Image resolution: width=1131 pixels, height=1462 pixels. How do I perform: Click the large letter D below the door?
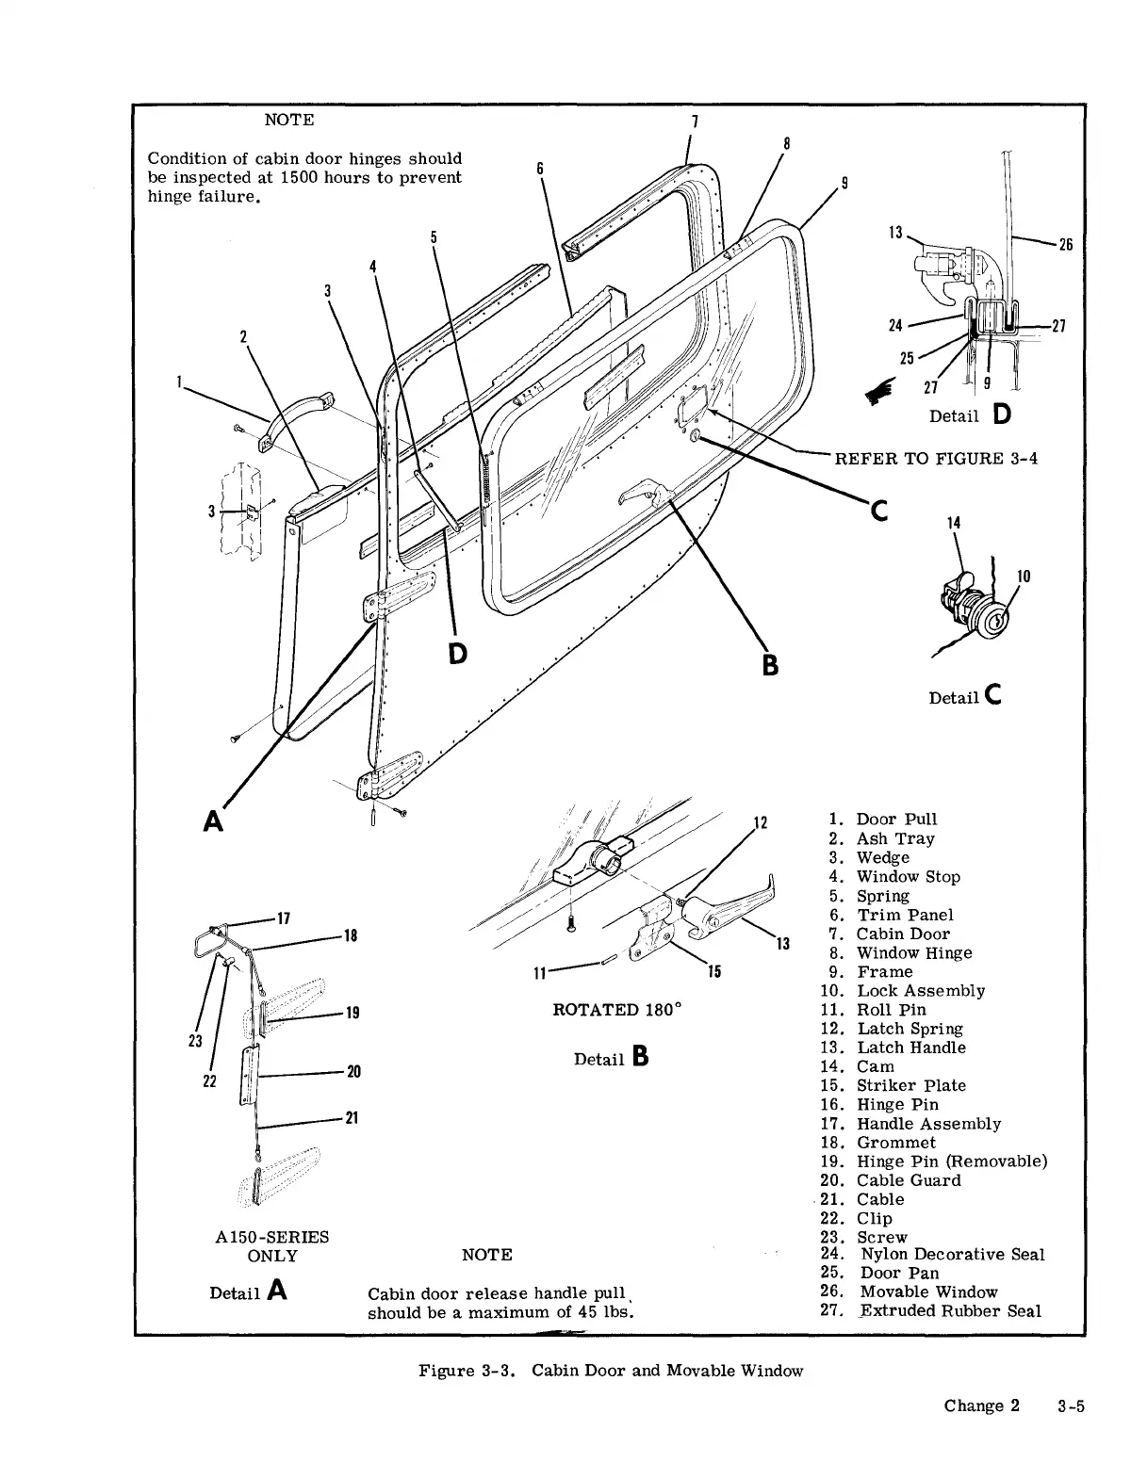click(458, 652)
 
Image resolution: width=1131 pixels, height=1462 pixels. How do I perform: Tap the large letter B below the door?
click(770, 665)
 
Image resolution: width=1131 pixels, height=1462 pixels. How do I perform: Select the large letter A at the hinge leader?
click(214, 821)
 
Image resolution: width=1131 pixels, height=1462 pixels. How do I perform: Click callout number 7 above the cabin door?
click(695, 122)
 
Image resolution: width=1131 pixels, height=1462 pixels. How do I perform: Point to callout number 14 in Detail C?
click(954, 523)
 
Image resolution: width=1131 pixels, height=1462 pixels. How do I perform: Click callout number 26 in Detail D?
click(1065, 245)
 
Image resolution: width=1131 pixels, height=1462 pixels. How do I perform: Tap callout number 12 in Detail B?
click(762, 823)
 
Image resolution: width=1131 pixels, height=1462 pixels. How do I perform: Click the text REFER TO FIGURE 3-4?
click(936, 459)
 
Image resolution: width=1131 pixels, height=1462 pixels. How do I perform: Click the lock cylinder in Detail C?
click(992, 618)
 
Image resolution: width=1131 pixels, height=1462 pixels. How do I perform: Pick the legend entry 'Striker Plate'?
click(910, 1085)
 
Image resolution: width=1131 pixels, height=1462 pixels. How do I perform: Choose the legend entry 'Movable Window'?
click(928, 1291)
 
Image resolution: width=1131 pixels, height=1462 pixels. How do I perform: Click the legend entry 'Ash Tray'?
click(894, 838)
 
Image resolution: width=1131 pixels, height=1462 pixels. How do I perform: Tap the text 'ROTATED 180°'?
click(616, 1010)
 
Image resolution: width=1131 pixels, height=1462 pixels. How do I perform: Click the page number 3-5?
click(1071, 1405)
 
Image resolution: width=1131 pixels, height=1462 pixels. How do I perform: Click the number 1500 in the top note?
click(302, 177)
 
